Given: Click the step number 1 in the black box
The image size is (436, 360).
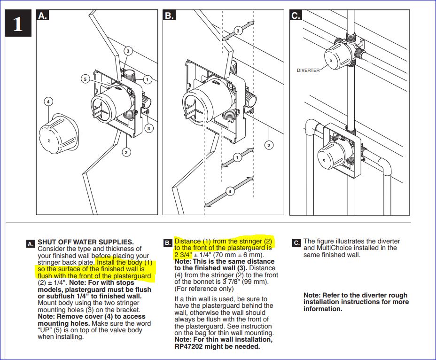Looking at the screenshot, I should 17,24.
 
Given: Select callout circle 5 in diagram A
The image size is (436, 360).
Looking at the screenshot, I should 85,79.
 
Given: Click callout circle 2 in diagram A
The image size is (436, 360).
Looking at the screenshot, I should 125,151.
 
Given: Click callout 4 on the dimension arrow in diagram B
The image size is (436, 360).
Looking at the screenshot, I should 230,191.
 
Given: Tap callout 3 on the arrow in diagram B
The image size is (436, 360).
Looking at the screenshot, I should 238,31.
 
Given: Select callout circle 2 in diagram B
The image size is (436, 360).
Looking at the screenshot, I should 269,145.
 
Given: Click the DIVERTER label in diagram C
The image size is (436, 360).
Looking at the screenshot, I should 308,70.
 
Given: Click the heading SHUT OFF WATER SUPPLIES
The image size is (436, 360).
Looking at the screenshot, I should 86,242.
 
